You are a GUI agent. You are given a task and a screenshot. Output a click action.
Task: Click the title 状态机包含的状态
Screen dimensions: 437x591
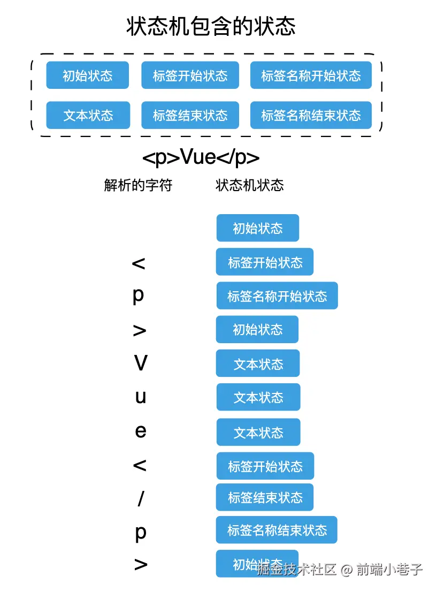211,26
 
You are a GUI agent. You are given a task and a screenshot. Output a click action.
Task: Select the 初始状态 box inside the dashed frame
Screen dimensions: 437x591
87,75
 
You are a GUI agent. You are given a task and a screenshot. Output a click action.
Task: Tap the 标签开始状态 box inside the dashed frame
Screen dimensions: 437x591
190,75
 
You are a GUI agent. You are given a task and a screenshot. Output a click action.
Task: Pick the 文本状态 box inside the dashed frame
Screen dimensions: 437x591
88,115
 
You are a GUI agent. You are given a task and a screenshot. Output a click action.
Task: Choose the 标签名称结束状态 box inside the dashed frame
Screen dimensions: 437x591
311,115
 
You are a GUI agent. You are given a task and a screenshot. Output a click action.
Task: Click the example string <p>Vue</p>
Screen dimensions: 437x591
201,157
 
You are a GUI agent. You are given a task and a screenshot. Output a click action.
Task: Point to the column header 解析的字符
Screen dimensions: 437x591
138,185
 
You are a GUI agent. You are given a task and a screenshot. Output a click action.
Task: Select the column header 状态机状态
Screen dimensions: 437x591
249,185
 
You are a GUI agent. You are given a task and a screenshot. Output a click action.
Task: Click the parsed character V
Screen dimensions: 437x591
141,362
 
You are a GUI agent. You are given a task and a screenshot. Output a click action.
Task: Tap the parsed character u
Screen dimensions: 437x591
141,397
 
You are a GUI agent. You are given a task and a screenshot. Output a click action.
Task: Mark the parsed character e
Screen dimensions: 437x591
141,431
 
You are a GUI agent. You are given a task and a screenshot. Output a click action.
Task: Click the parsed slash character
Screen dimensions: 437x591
141,498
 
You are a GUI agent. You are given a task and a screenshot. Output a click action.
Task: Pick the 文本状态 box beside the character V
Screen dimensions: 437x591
258,363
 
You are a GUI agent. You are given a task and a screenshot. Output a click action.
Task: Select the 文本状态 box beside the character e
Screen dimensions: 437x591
258,432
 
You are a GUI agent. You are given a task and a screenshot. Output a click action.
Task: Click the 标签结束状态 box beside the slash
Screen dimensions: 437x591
265,497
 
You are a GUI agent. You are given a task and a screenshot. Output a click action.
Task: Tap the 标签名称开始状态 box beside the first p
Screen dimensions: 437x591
277,295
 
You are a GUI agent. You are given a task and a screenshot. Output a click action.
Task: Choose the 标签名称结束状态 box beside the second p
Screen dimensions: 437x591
277,530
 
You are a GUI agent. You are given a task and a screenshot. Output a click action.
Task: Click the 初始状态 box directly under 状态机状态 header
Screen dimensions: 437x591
258,228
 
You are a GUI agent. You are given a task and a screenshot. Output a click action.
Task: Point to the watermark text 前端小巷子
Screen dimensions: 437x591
389,569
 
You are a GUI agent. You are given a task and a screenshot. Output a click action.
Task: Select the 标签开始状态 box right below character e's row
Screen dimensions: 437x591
265,466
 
